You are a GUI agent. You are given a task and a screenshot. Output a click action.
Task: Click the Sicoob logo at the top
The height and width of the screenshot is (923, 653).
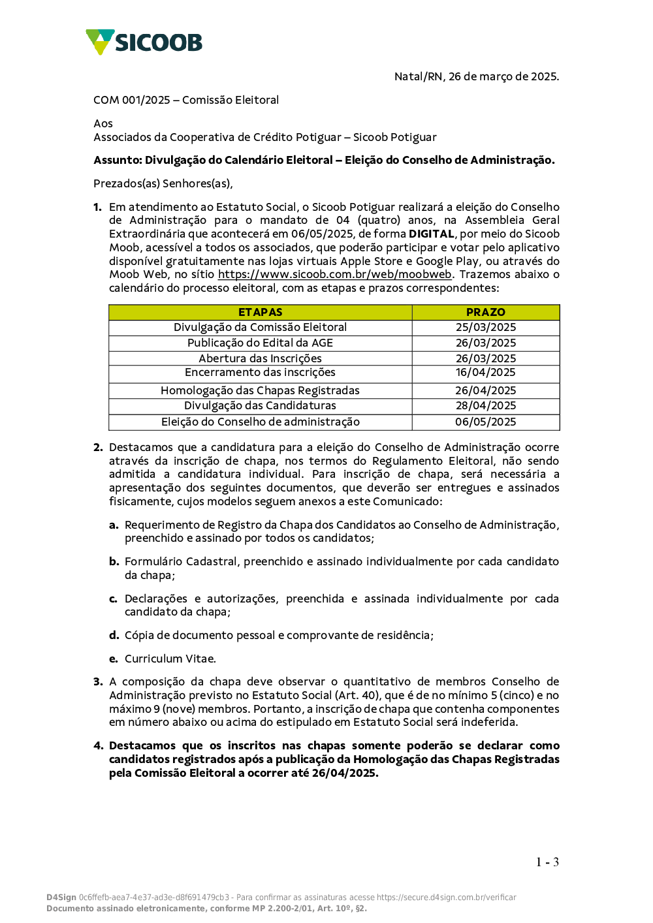pyautogui.click(x=144, y=42)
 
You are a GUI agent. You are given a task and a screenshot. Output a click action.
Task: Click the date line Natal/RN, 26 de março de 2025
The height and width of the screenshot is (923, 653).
pyautogui.click(x=476, y=76)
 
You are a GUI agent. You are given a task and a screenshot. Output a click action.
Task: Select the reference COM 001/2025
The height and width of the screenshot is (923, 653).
pyautogui.click(x=132, y=100)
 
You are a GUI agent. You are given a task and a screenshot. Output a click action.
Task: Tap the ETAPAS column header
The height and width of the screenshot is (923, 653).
pyautogui.click(x=260, y=312)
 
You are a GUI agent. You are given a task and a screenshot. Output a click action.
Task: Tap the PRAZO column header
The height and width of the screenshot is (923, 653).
pyautogui.click(x=485, y=312)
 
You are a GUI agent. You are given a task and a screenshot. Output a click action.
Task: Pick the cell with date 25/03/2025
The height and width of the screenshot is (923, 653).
pyautogui.click(x=485, y=327)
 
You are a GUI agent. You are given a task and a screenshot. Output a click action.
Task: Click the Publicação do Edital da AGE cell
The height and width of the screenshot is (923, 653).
pyautogui.click(x=260, y=343)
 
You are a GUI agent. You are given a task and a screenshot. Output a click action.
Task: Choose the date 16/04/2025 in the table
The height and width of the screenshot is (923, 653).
pyautogui.click(x=485, y=372)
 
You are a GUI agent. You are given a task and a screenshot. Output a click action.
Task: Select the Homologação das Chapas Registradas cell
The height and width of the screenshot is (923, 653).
pyautogui.click(x=260, y=390)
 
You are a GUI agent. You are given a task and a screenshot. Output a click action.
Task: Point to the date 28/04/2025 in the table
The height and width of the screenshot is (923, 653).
pyautogui.click(x=485, y=405)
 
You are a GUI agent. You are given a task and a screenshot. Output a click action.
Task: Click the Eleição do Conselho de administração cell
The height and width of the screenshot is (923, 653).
pyautogui.click(x=260, y=422)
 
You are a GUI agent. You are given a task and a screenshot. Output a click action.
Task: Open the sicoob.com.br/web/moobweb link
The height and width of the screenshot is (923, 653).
pyautogui.click(x=334, y=274)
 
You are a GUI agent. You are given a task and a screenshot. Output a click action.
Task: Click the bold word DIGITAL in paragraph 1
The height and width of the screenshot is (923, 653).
pyautogui.click(x=431, y=234)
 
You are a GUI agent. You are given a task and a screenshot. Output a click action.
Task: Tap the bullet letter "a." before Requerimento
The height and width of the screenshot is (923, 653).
pyautogui.click(x=114, y=525)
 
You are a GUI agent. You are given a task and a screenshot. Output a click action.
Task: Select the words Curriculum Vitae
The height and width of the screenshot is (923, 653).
pyautogui.click(x=170, y=659)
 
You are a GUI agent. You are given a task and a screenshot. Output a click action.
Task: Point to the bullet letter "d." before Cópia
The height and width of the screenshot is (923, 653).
pyautogui.click(x=114, y=635)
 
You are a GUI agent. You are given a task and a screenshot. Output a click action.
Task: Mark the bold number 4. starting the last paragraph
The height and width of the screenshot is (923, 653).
pyautogui.click(x=98, y=745)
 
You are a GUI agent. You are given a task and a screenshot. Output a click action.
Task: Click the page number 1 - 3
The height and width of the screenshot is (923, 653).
pyautogui.click(x=547, y=862)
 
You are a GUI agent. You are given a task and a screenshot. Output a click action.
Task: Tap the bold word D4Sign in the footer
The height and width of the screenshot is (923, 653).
pyautogui.click(x=61, y=898)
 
